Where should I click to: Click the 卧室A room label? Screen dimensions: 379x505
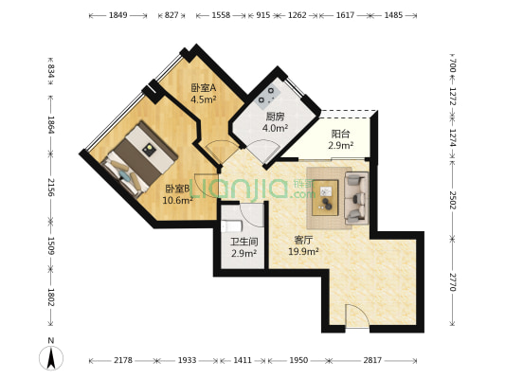[204, 87]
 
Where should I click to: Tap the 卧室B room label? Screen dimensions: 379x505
[177, 189]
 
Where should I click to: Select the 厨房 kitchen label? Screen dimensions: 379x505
[275, 117]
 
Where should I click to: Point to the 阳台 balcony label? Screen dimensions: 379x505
[340, 134]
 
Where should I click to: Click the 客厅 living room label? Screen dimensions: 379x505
[304, 240]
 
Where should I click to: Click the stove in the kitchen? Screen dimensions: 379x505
[267, 96]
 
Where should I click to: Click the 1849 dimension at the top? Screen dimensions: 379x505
[117, 16]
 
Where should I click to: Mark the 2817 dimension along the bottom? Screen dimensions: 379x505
[371, 361]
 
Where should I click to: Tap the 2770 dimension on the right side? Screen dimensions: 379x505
[453, 281]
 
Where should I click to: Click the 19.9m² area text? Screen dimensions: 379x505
[304, 252]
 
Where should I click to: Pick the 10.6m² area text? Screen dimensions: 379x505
[177, 200]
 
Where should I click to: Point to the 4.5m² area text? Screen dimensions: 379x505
[204, 99]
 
